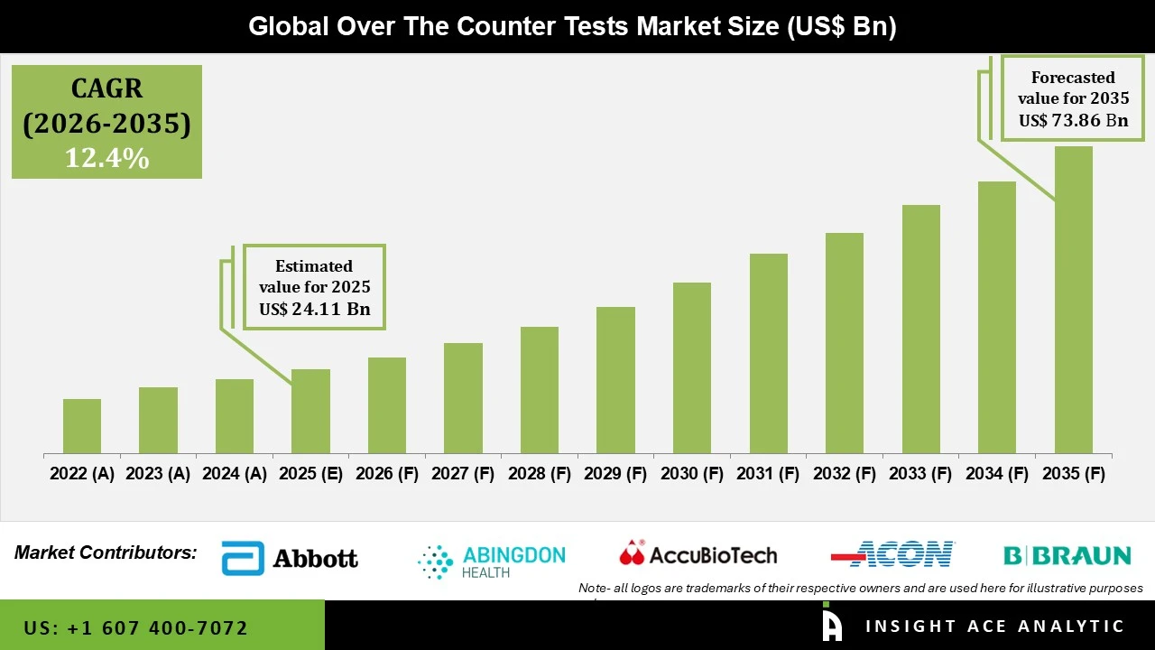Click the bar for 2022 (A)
pos(82,426)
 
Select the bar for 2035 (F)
pos(1073,300)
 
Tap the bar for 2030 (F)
pos(692,367)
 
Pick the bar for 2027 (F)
pos(463,398)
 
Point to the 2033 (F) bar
pos(920,329)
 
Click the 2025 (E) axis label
pos(310,474)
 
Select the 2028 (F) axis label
pos(540,474)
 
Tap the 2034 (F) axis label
pos(997,474)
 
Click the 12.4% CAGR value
pos(106,159)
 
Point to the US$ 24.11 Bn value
pos(315,309)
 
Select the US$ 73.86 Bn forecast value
pos(1073,120)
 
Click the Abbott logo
pos(290,559)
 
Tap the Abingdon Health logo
pos(492,561)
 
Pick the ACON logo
pos(892,553)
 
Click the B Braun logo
pos(1067,555)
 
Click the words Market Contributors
pos(106,552)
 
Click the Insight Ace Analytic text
pos(994,627)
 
